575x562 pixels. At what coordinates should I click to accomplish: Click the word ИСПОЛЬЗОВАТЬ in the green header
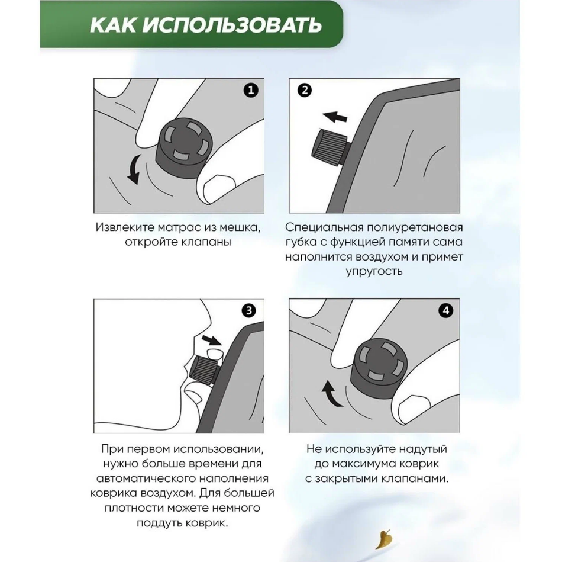click(x=232, y=25)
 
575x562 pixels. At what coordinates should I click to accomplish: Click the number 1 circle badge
click(x=251, y=90)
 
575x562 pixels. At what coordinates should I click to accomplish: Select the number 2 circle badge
click(x=305, y=90)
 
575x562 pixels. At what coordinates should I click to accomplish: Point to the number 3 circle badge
click(x=249, y=310)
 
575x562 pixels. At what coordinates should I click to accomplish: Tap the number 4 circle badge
click(x=446, y=310)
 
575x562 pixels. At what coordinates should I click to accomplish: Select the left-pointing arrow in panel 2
click(x=335, y=117)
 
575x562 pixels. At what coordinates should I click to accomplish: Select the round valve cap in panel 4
click(x=379, y=368)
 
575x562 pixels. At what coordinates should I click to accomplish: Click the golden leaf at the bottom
click(x=384, y=539)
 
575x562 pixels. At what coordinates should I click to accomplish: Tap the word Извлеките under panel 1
click(x=125, y=227)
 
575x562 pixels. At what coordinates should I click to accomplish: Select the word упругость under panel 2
click(x=374, y=272)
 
